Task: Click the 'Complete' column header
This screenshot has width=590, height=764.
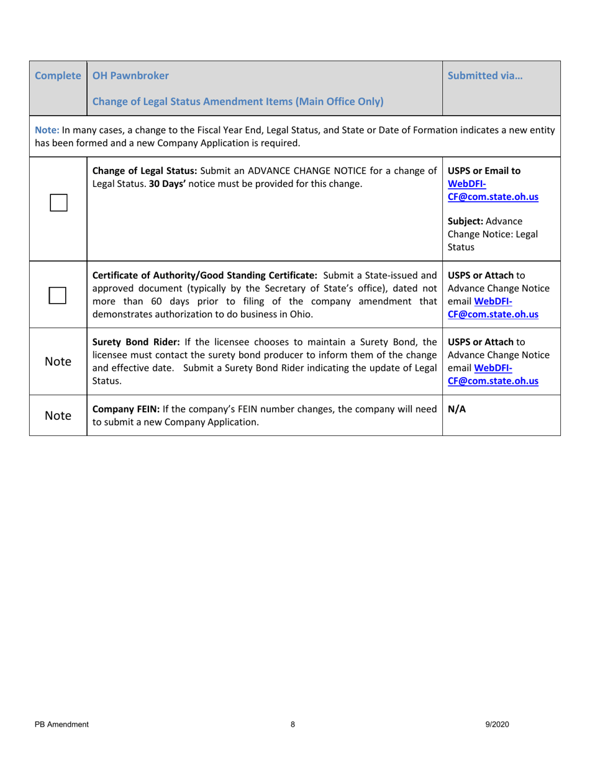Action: pyautogui.click(x=58, y=76)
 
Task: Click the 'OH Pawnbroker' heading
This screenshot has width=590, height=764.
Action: pyautogui.click(x=130, y=76)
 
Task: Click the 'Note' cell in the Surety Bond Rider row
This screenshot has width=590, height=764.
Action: pyautogui.click(x=58, y=362)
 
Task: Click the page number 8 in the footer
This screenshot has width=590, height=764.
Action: pyautogui.click(x=293, y=724)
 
